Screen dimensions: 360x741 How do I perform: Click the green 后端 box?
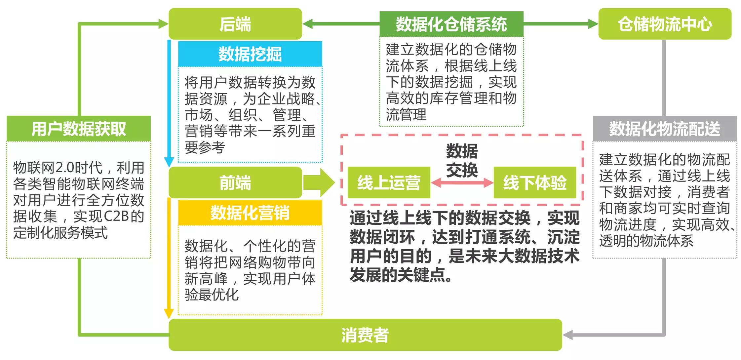235,24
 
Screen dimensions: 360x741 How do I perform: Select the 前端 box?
235,182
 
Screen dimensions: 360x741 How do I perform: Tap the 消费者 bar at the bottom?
365,335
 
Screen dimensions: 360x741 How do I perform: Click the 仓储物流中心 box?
665,24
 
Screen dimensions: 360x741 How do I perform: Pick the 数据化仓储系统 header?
451,24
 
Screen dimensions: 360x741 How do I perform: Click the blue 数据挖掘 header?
250,54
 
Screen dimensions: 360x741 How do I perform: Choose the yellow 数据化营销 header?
250,213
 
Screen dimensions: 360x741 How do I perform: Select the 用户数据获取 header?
79,129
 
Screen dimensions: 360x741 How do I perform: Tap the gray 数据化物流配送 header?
665,129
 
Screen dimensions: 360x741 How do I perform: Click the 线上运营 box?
389,182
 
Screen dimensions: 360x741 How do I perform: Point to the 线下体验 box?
535,182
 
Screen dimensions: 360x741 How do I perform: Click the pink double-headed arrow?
462,183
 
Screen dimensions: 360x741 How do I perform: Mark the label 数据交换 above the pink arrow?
462,160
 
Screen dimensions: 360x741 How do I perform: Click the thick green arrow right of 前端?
319,182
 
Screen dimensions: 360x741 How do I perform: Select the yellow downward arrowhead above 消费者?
169,313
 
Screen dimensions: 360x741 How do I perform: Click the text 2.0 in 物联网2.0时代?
64,168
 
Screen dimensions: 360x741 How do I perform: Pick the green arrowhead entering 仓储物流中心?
593,24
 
